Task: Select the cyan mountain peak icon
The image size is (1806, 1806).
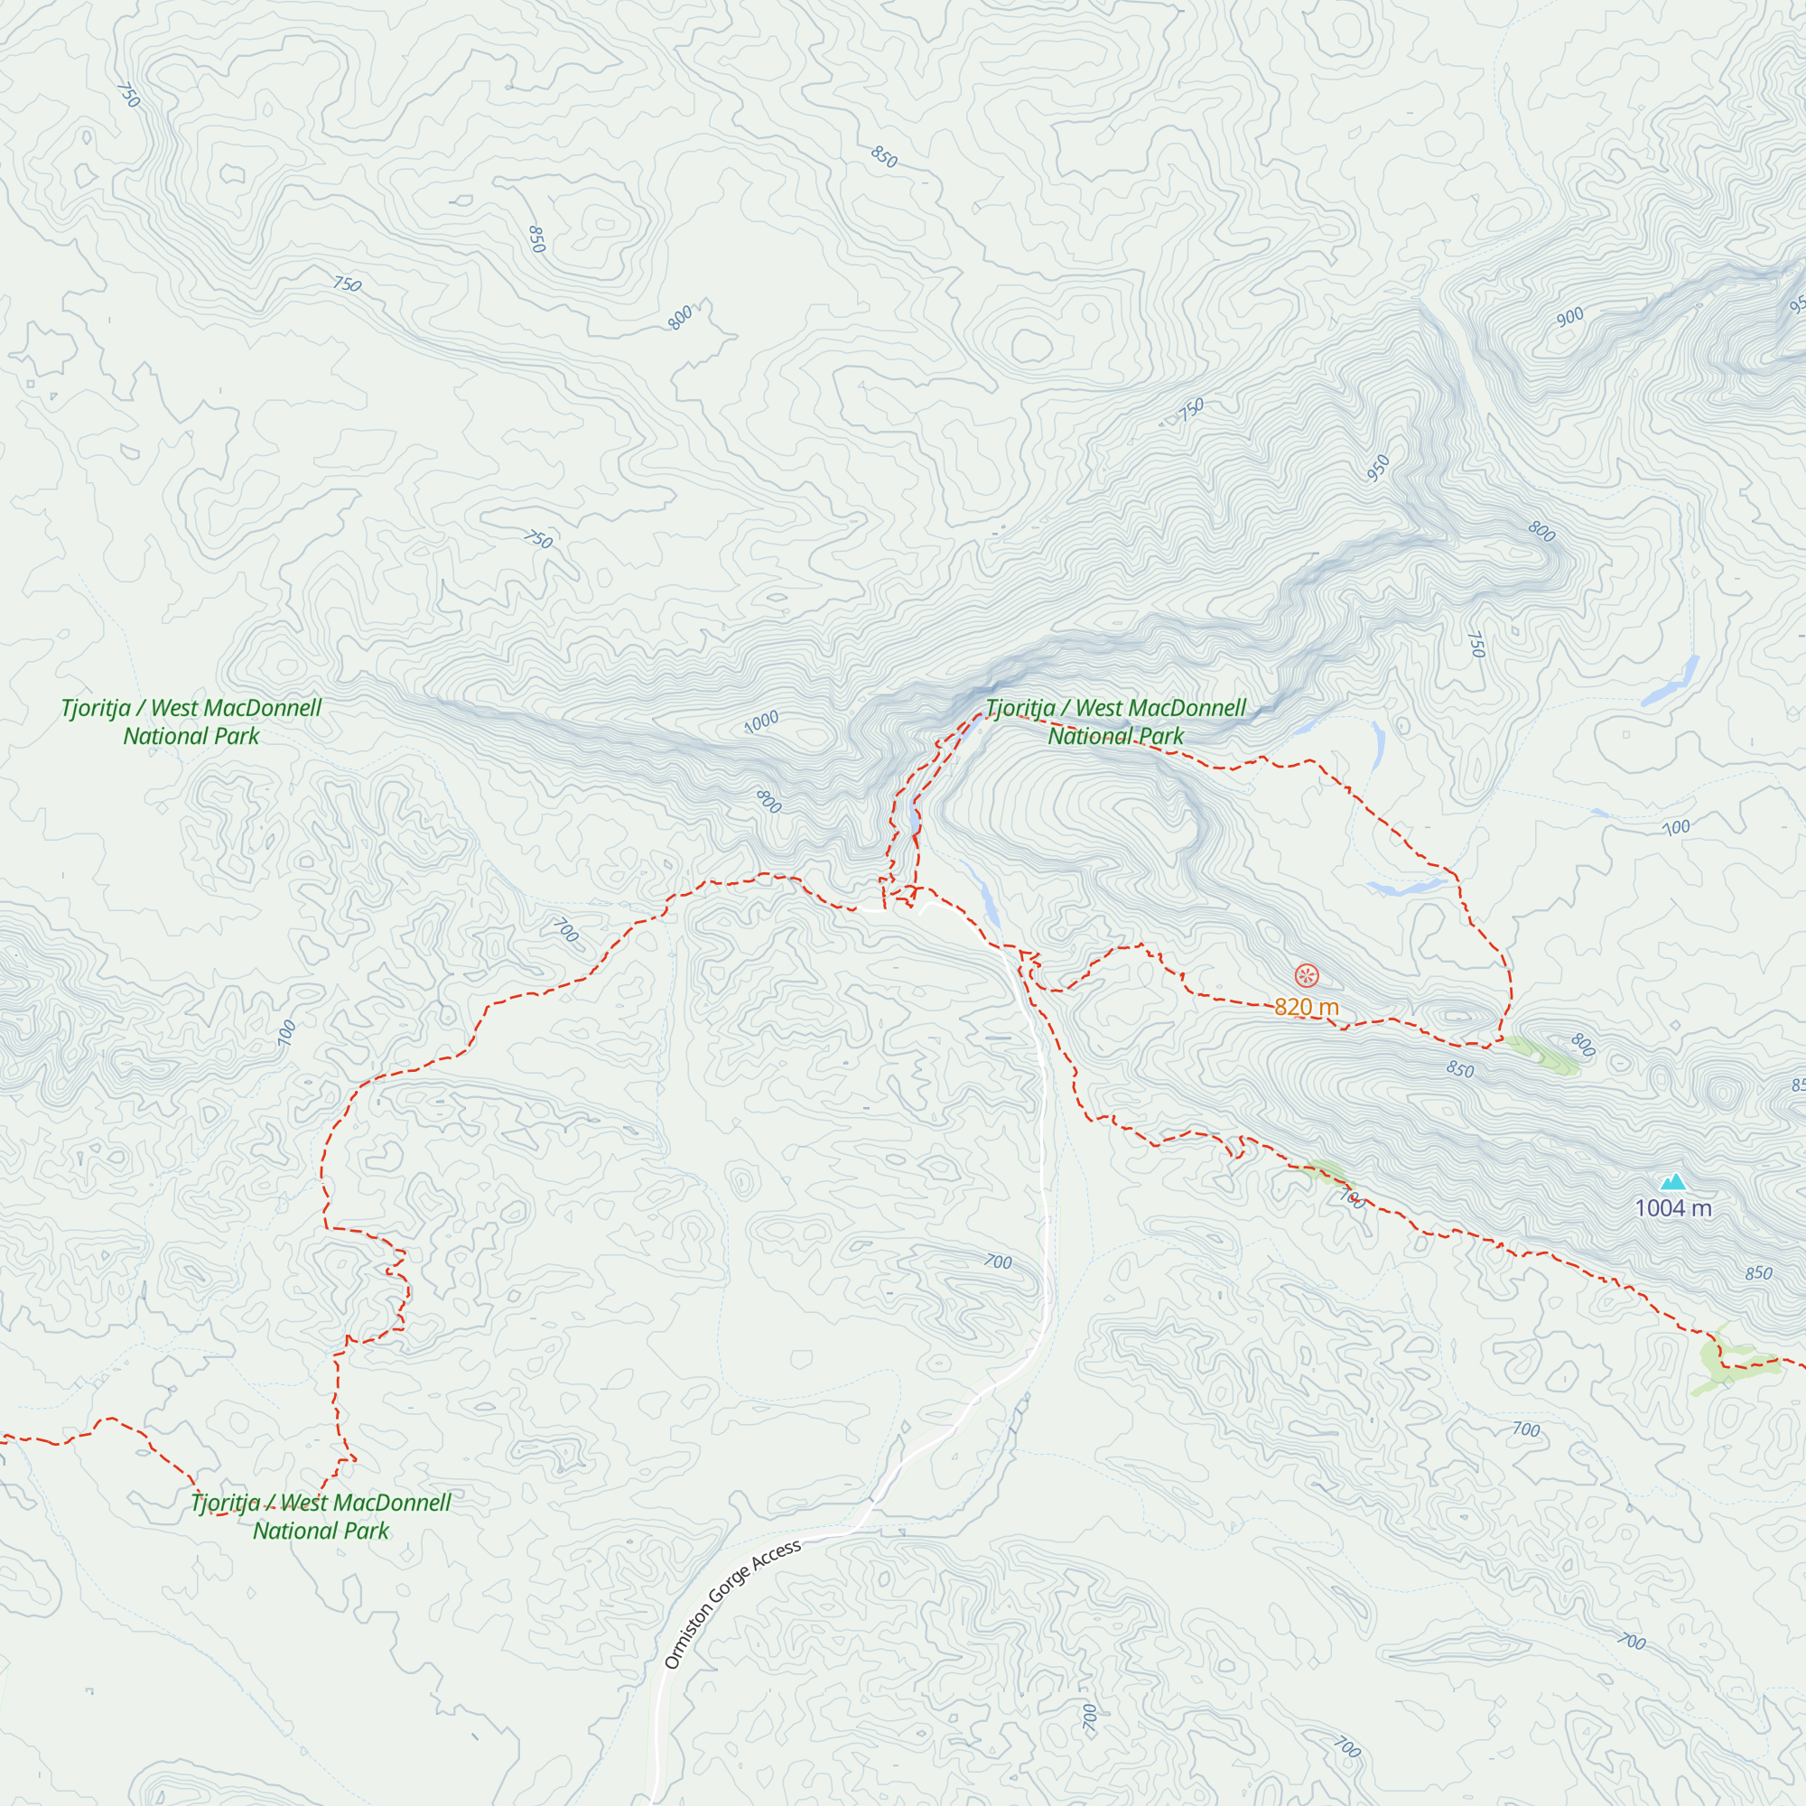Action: pyautogui.click(x=1673, y=1183)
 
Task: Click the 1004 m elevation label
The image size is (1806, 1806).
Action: pyautogui.click(x=1673, y=1209)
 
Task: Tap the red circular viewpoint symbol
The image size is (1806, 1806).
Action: pyautogui.click(x=1307, y=976)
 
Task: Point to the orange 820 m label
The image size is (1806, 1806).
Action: pyautogui.click(x=1307, y=1007)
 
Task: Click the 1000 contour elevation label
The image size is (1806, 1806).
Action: pyautogui.click(x=762, y=721)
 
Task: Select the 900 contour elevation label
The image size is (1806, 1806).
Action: pyautogui.click(x=1570, y=317)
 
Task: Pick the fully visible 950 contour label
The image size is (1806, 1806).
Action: pyautogui.click(x=1378, y=468)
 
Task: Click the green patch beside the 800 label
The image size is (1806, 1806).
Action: pyautogui.click(x=1542, y=1055)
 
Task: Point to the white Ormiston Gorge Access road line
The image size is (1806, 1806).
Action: pyautogui.click(x=1043, y=1215)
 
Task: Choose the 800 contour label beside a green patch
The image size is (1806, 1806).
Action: pyautogui.click(x=1583, y=1044)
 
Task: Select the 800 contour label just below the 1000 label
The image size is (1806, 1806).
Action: pyautogui.click(x=768, y=801)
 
